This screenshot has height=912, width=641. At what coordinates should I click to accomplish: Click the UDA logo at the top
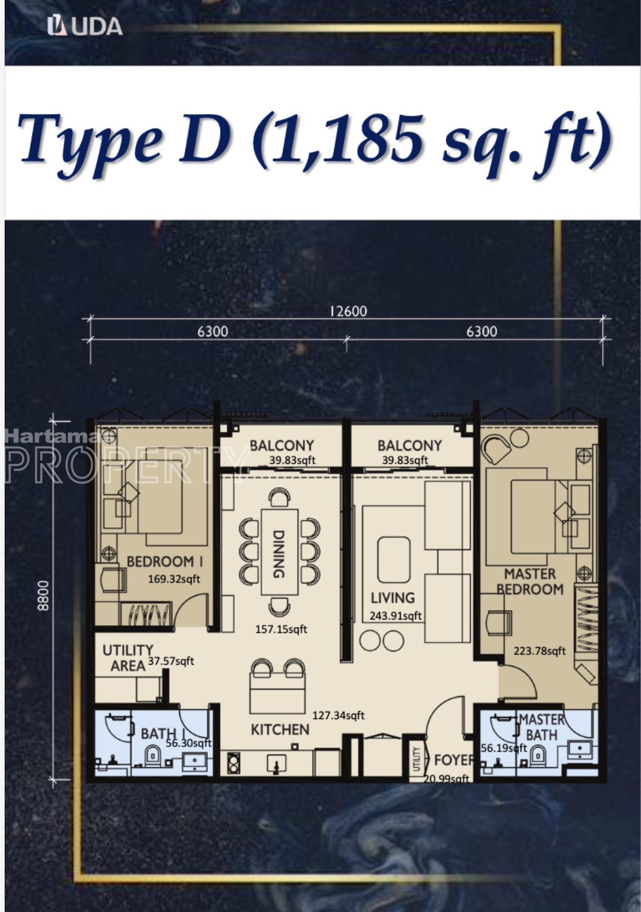(85, 27)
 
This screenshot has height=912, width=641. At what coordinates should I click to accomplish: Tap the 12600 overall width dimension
(348, 312)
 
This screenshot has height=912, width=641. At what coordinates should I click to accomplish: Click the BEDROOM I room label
(164, 562)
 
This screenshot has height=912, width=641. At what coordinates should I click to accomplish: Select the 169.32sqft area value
(174, 578)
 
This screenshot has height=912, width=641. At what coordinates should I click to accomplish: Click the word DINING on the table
(278, 554)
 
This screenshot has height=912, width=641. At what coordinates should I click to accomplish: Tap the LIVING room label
(393, 598)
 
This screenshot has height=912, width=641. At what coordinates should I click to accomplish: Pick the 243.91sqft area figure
(395, 616)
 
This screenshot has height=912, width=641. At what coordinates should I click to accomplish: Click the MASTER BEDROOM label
(530, 581)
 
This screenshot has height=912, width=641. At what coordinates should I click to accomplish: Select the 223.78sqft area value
(540, 651)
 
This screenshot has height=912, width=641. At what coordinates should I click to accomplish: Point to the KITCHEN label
(280, 730)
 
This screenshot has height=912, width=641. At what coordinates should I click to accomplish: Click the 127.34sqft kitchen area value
(338, 715)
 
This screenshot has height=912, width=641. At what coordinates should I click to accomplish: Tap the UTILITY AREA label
(128, 658)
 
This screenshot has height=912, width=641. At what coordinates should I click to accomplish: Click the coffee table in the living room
(394, 560)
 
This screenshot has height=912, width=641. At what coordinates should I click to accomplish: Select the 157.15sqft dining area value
(281, 629)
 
